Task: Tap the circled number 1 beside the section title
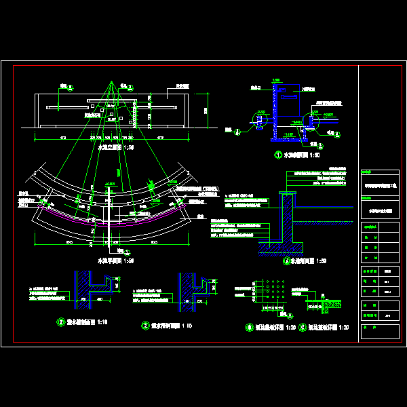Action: point(277,155)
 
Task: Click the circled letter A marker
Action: point(286,260)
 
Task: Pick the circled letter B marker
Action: point(250,327)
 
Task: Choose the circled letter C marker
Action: point(303,327)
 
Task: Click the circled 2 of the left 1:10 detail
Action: point(60,323)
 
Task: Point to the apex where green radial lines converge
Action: point(111,81)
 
